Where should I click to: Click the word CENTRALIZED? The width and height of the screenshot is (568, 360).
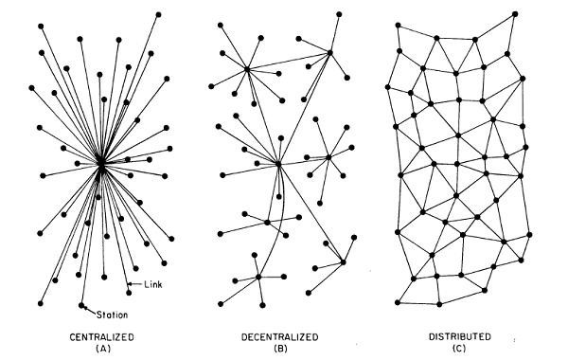(102, 337)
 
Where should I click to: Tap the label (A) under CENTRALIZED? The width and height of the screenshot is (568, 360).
(103, 349)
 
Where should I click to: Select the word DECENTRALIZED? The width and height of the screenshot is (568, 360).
(279, 337)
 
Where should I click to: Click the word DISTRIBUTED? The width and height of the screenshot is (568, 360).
(460, 337)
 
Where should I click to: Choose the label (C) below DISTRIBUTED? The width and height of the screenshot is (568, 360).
(459, 349)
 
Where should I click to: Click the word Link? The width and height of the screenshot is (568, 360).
(153, 284)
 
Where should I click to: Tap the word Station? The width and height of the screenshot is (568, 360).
(112, 315)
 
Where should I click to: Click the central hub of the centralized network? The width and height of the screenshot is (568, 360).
(101, 164)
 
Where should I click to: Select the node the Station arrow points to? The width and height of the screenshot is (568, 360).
(81, 305)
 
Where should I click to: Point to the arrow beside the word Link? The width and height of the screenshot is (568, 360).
(135, 284)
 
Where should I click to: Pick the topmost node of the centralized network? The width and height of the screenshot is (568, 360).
(158, 14)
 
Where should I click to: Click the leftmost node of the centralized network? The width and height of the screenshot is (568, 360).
(31, 88)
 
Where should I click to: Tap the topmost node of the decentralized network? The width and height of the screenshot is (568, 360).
(339, 14)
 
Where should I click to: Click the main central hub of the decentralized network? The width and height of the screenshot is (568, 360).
(278, 164)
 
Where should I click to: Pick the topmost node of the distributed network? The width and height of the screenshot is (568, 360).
(515, 14)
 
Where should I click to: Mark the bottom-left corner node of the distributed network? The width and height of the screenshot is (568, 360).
(398, 302)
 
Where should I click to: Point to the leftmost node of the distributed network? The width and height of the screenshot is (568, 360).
(387, 87)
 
